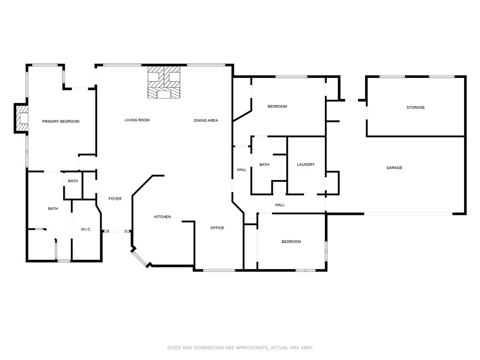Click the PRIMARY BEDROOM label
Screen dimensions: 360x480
[x=60, y=121]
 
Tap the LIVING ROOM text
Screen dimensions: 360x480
[x=137, y=120]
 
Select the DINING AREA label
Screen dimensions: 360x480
[x=206, y=120]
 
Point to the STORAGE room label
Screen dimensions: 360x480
[x=415, y=107]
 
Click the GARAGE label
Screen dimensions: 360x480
[x=394, y=168]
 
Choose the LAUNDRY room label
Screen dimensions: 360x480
[x=306, y=165]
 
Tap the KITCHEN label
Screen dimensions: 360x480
[x=163, y=217]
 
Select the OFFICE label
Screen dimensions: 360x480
[x=217, y=228]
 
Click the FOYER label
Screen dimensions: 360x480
[x=115, y=199]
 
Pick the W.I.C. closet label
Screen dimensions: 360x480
[x=86, y=229]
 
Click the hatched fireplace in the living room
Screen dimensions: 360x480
[x=164, y=83]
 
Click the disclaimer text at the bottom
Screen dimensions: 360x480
[x=240, y=348]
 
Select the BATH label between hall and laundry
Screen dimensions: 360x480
[x=264, y=165]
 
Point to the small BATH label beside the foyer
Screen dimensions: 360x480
[x=73, y=181]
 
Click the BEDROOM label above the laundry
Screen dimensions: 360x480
[x=277, y=106]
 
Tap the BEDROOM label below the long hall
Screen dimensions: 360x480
[x=291, y=242]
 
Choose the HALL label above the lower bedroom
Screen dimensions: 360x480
[x=280, y=205]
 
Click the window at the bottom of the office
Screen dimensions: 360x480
[x=219, y=270]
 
